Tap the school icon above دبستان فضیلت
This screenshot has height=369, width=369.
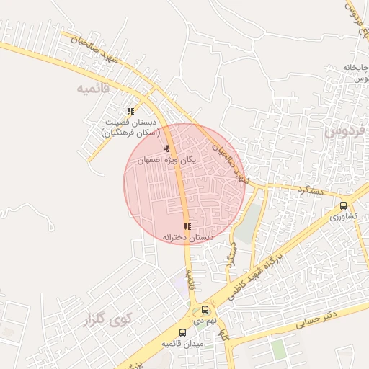(130, 111)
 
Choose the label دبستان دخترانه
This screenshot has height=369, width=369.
(188, 237)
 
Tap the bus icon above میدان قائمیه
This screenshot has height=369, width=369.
(182, 333)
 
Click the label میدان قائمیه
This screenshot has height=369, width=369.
(183, 344)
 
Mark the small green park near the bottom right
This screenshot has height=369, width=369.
(278, 350)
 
